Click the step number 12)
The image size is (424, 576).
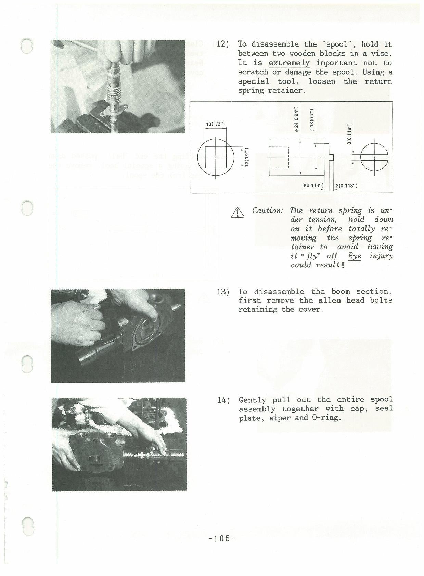click(x=222, y=44)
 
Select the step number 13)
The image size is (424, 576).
click(x=223, y=292)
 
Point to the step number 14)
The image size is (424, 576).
click(x=223, y=400)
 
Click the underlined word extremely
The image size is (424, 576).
click(x=289, y=63)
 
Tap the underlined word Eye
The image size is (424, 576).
click(x=354, y=256)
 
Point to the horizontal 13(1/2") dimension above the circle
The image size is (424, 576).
click(x=216, y=124)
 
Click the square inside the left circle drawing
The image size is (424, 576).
click(x=216, y=157)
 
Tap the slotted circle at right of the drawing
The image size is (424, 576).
click(x=375, y=157)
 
